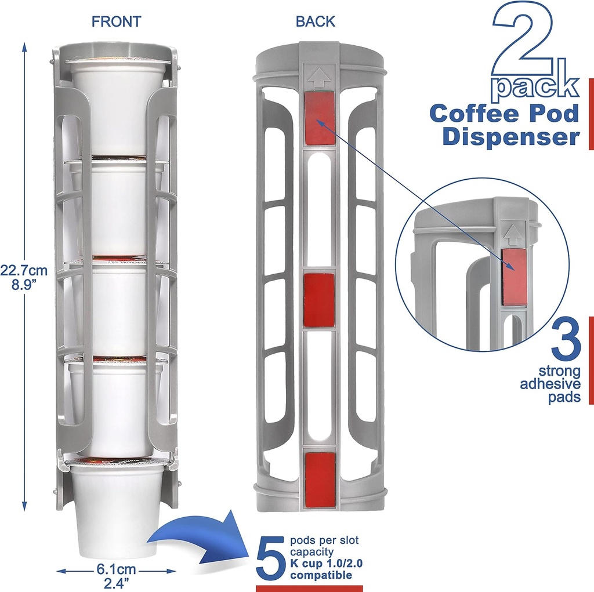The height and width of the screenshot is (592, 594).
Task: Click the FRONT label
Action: click(116, 22)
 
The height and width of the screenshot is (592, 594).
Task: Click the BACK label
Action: click(315, 22)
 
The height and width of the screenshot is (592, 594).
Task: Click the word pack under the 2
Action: click(535, 85)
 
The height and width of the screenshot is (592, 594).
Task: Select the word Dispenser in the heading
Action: click(510, 137)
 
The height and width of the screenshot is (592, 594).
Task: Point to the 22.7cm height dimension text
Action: click(24, 270)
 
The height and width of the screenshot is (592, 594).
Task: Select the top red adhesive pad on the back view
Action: click(319, 117)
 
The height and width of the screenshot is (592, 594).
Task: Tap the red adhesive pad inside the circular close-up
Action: click(514, 277)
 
